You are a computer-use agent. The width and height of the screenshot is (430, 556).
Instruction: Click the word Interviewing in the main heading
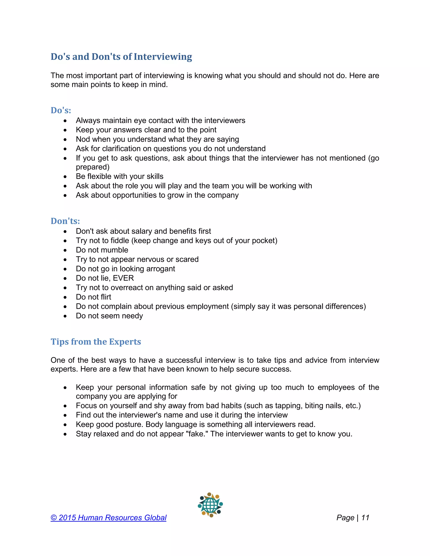click(163, 57)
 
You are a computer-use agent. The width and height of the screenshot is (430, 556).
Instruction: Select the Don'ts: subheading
click(65, 221)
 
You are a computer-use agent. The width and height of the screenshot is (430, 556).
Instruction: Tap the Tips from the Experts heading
click(96, 342)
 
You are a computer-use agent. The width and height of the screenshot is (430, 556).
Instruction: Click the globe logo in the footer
click(210, 505)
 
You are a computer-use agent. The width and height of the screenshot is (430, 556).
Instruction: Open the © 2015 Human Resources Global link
click(109, 518)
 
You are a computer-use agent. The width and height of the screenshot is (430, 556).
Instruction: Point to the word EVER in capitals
click(123, 278)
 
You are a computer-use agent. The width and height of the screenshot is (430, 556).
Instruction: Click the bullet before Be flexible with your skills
click(65, 177)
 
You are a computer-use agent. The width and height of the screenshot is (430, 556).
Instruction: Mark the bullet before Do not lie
click(65, 278)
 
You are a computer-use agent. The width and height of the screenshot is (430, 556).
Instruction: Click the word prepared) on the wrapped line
click(93, 167)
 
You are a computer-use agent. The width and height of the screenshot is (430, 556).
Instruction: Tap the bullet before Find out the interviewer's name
click(65, 415)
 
